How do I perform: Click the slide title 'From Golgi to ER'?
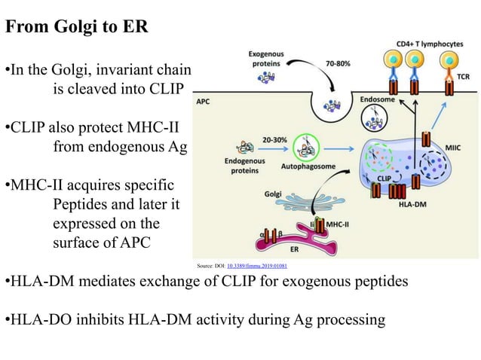[x=77, y=28]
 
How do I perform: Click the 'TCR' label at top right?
[x=466, y=77]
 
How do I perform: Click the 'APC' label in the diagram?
[x=204, y=100]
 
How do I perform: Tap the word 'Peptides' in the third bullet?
[x=81, y=204]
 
